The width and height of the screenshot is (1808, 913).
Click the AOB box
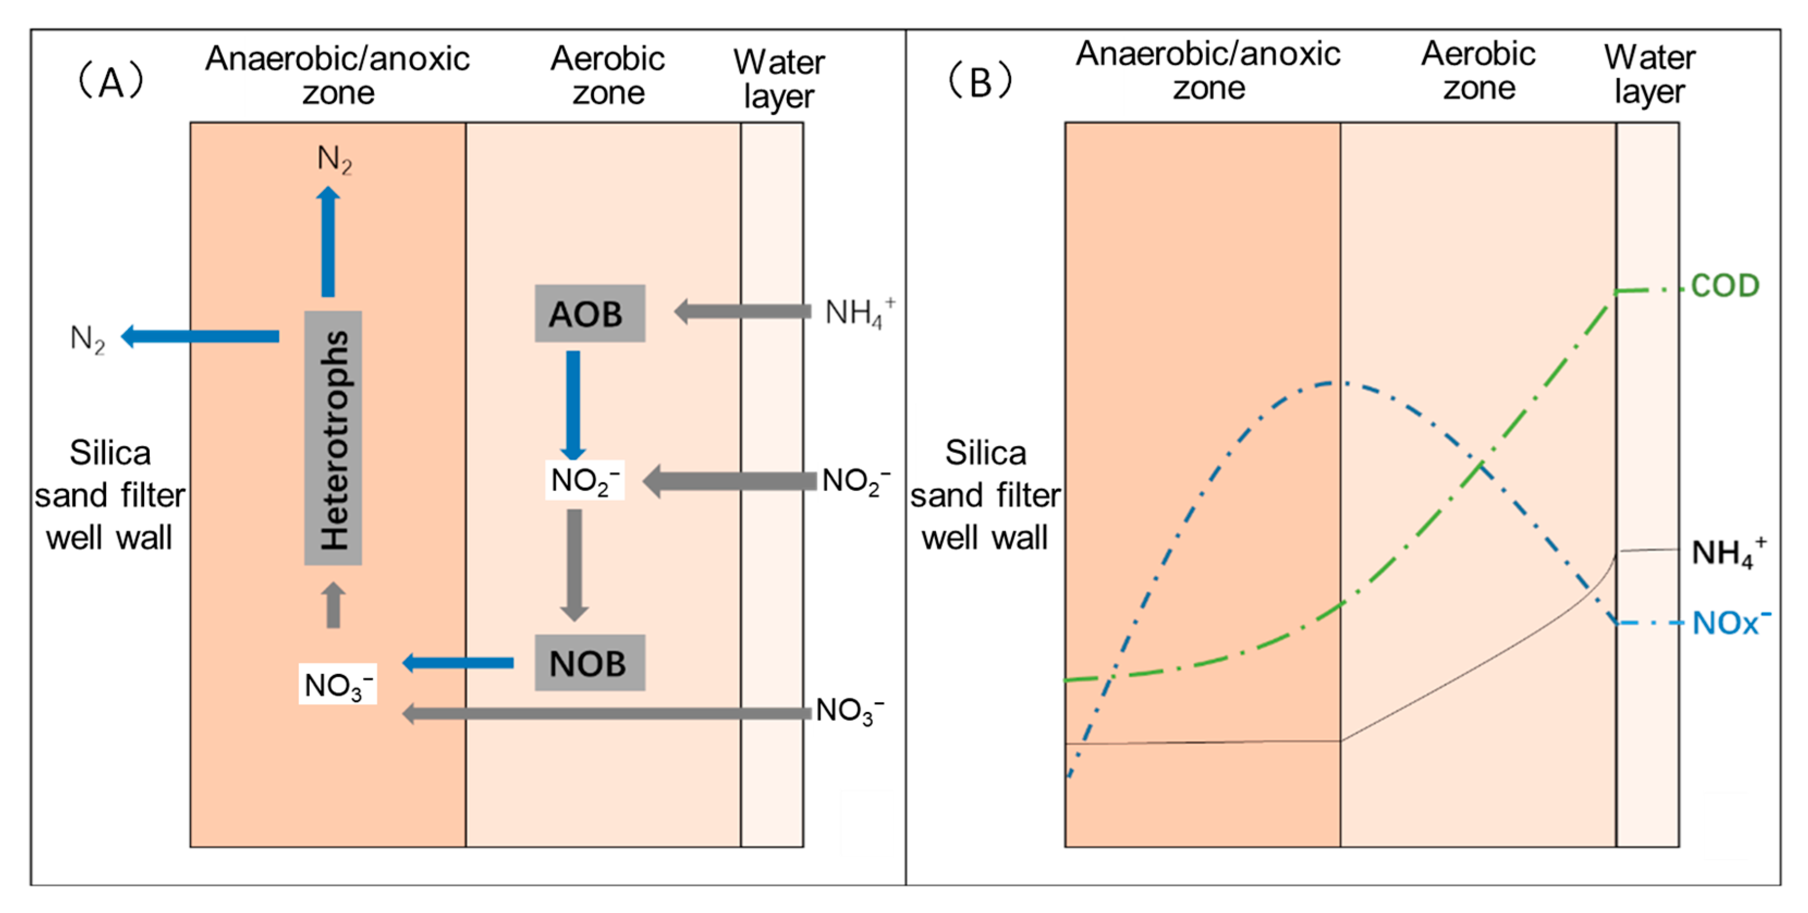click(x=590, y=313)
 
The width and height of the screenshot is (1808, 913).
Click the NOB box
click(x=590, y=663)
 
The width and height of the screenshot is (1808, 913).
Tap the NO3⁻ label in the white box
click(x=338, y=684)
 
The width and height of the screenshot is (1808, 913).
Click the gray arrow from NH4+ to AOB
click(x=743, y=311)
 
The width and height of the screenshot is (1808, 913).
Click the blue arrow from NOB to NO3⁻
click(x=457, y=663)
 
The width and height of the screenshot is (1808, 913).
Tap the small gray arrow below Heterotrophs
click(x=333, y=605)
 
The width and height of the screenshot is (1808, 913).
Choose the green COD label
click(x=1725, y=286)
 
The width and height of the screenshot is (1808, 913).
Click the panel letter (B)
click(x=980, y=82)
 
